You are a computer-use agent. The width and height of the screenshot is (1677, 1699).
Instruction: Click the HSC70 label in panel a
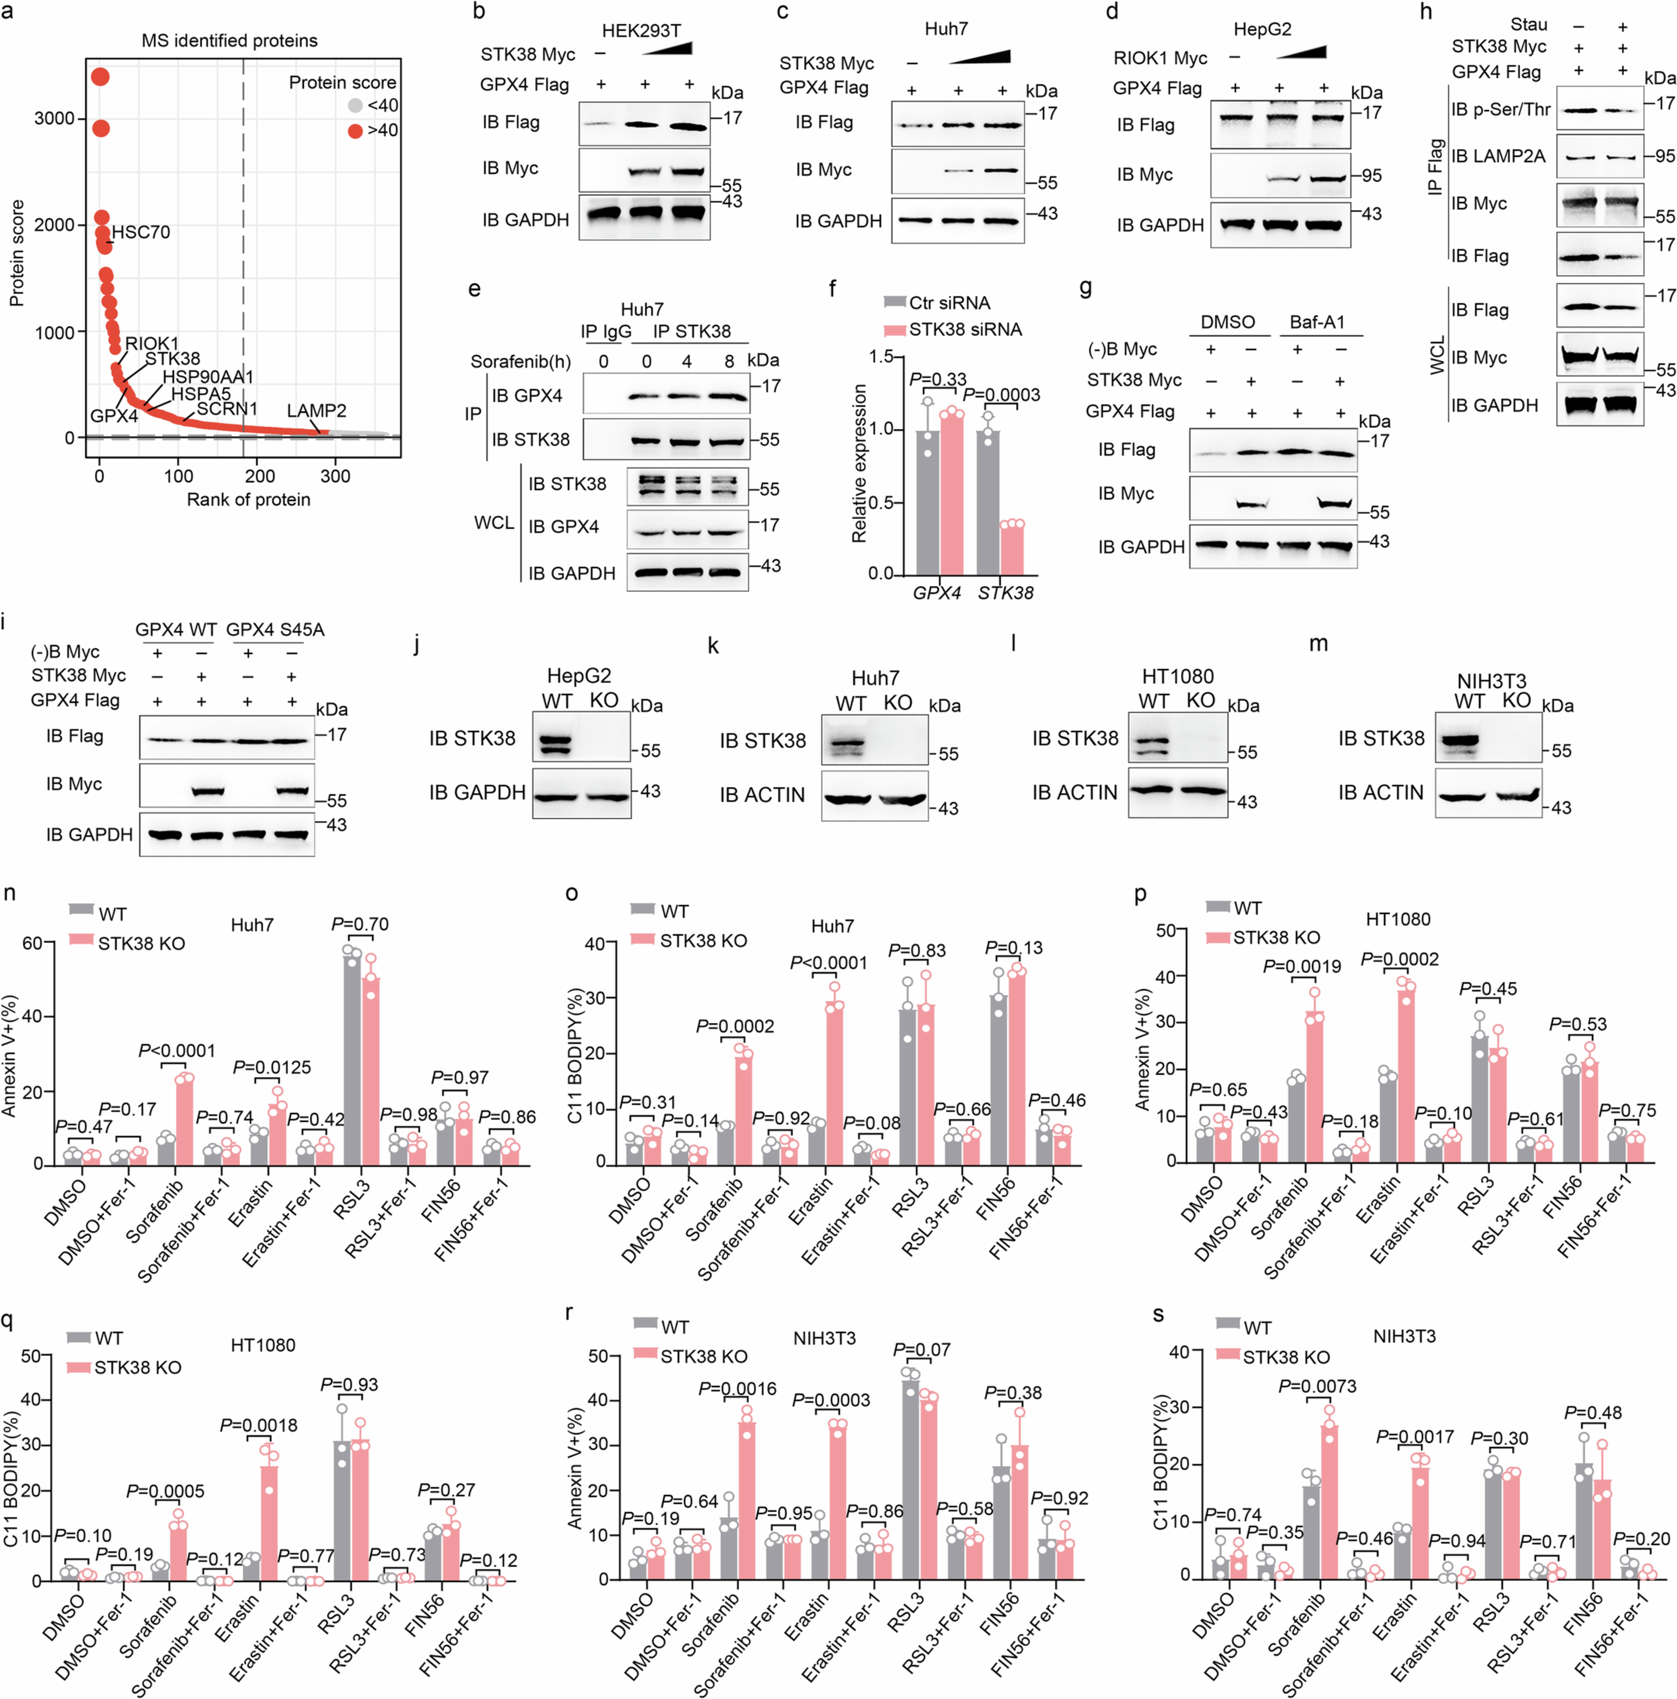141,232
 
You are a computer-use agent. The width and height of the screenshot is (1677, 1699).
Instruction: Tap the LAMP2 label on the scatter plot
317,411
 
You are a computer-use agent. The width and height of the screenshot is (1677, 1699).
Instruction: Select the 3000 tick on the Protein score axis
55,119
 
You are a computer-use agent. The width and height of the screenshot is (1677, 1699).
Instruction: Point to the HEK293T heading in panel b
641,31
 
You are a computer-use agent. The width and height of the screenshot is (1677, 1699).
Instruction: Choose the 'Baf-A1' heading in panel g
1316,322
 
